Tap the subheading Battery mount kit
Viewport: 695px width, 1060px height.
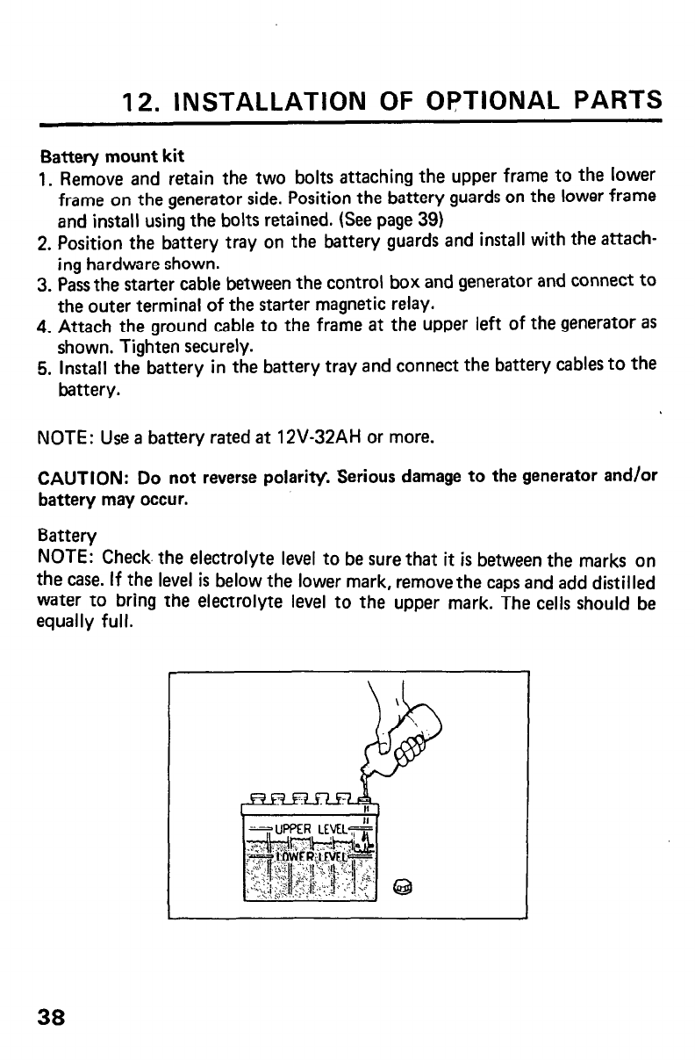[x=112, y=157]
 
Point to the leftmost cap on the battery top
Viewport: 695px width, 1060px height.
[x=256, y=797]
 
